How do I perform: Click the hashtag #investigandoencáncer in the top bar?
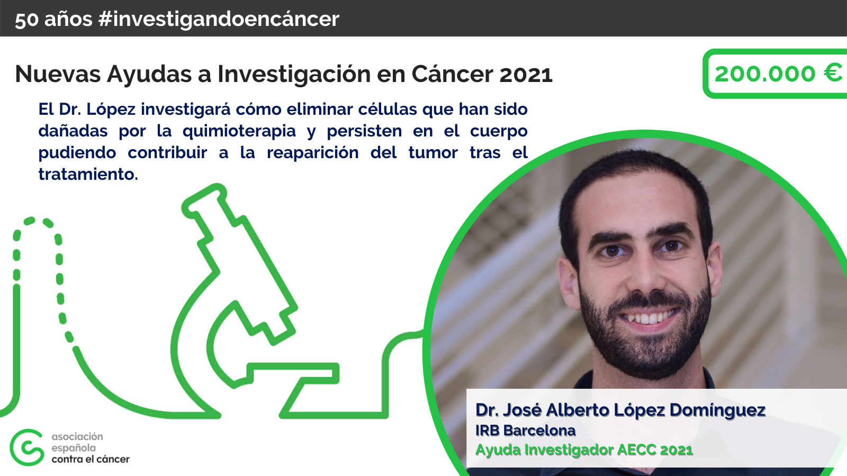click(x=219, y=20)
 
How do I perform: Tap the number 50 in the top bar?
click(x=27, y=20)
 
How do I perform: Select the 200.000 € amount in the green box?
click(x=779, y=74)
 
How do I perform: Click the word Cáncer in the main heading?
click(x=452, y=74)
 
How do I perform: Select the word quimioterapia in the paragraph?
click(x=239, y=132)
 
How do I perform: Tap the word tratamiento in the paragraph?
click(x=88, y=174)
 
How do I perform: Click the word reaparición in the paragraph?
click(x=313, y=153)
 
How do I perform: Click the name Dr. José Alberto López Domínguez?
click(x=620, y=410)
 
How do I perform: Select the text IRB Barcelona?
click(x=526, y=431)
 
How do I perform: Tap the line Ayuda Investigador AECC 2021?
click(x=584, y=450)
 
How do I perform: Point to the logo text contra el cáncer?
click(x=91, y=460)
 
